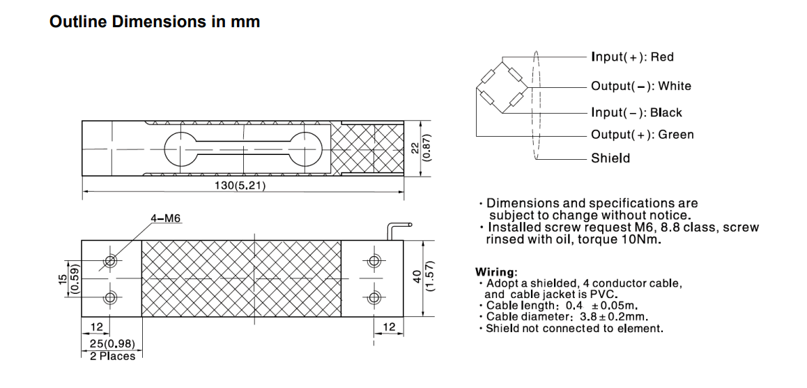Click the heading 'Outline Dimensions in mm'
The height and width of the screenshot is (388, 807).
click(155, 22)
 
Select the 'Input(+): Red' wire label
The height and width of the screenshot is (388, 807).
click(632, 57)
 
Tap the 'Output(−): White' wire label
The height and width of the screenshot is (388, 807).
click(640, 87)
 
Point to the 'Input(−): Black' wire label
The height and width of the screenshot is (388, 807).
click(636, 112)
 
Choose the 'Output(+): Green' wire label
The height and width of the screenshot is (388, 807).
click(642, 135)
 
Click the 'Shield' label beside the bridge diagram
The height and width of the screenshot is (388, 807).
click(610, 158)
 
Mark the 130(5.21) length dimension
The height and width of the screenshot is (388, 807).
click(240, 185)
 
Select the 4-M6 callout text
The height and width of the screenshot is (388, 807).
click(166, 218)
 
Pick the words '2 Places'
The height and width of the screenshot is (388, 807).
click(112, 356)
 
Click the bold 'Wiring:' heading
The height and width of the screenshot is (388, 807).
click(495, 271)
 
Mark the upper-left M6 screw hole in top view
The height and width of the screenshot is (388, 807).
click(109, 261)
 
